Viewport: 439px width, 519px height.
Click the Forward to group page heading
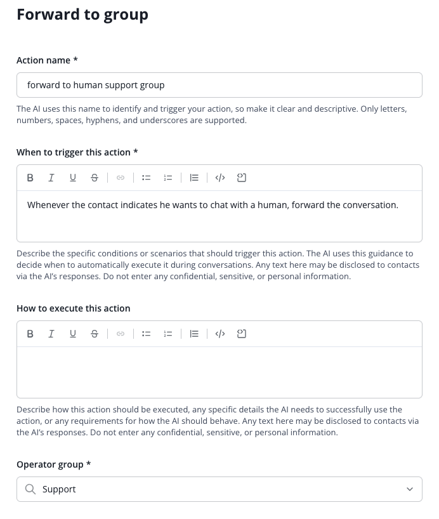click(82, 15)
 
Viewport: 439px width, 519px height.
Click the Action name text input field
click(219, 85)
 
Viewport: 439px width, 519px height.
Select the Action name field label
click(47, 60)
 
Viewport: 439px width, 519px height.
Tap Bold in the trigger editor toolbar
click(30, 178)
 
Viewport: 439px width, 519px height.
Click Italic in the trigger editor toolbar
click(51, 178)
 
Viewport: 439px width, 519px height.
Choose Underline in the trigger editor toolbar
click(73, 178)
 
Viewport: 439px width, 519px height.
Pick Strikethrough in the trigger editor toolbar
click(95, 178)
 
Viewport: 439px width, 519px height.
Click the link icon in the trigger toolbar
click(121, 178)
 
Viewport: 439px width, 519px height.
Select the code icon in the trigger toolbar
click(220, 178)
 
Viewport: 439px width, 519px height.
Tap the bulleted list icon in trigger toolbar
click(147, 178)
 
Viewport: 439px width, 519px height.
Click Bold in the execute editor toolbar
click(30, 334)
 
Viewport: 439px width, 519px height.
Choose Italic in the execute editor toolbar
click(51, 334)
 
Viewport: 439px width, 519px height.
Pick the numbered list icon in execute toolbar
click(168, 334)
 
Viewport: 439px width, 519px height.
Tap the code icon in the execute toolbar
click(220, 334)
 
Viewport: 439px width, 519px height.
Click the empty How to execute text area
click(219, 372)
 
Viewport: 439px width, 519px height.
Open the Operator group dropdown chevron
click(410, 489)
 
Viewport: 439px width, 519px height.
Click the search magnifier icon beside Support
click(30, 489)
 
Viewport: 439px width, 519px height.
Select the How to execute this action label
click(73, 308)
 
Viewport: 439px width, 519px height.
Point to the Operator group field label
click(53, 464)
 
